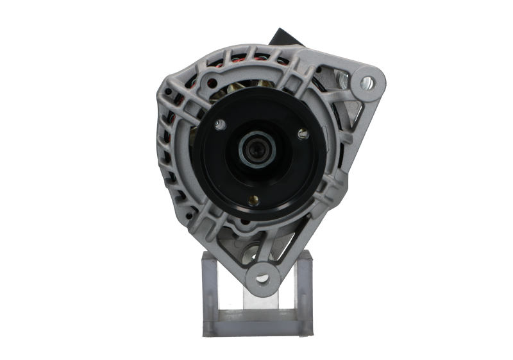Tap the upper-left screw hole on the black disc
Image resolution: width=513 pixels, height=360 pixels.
pyautogui.click(x=221, y=123)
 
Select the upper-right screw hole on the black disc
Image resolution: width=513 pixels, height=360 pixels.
pyautogui.click(x=303, y=133)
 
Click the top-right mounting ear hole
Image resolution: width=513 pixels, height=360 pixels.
pyautogui.click(x=368, y=81)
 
